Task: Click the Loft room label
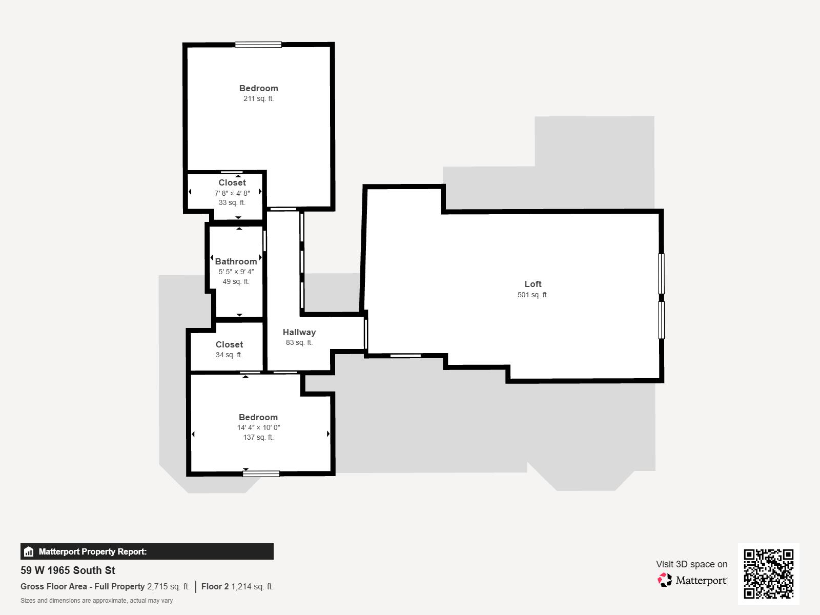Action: (x=532, y=284)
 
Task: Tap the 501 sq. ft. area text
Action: (x=532, y=295)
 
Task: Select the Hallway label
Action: (x=299, y=332)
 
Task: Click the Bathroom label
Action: (x=236, y=261)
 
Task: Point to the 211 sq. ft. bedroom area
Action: (x=258, y=98)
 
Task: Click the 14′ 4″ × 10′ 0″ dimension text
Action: (x=258, y=427)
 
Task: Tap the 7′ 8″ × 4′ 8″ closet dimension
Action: (x=232, y=193)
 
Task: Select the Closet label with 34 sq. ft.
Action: (x=229, y=344)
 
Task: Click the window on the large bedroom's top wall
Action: (x=258, y=45)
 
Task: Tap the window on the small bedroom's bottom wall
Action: (x=261, y=474)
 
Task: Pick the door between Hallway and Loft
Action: (x=366, y=334)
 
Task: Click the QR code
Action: (x=768, y=573)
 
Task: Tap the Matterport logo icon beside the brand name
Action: (x=665, y=580)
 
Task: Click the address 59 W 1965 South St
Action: (x=68, y=570)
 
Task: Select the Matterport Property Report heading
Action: (x=92, y=551)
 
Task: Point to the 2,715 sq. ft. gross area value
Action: (x=168, y=586)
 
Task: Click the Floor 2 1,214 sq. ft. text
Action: (x=237, y=586)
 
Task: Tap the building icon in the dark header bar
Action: (x=29, y=552)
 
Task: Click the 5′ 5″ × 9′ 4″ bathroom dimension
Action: (x=236, y=272)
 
